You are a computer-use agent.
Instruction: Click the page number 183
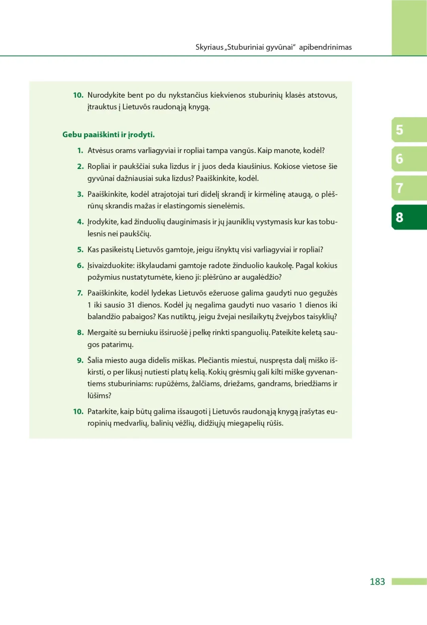(377, 581)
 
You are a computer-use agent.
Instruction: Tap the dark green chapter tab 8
(408, 217)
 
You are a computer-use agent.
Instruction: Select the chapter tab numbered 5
(408, 130)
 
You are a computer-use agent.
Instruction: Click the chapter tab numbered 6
(408, 159)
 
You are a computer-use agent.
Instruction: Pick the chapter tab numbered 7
(408, 188)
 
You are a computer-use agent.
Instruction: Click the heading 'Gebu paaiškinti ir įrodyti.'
(108, 134)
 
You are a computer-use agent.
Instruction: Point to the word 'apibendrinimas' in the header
(325, 47)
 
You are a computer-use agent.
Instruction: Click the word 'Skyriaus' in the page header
(209, 47)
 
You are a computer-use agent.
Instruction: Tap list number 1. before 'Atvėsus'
(80, 151)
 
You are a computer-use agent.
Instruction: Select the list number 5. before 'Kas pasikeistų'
(80, 250)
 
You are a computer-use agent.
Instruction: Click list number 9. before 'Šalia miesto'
(80, 360)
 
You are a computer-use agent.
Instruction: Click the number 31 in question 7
(131, 305)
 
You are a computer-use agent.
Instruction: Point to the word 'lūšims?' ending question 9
(99, 396)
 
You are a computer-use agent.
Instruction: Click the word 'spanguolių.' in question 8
(250, 333)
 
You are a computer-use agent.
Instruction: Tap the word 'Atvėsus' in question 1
(100, 151)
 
